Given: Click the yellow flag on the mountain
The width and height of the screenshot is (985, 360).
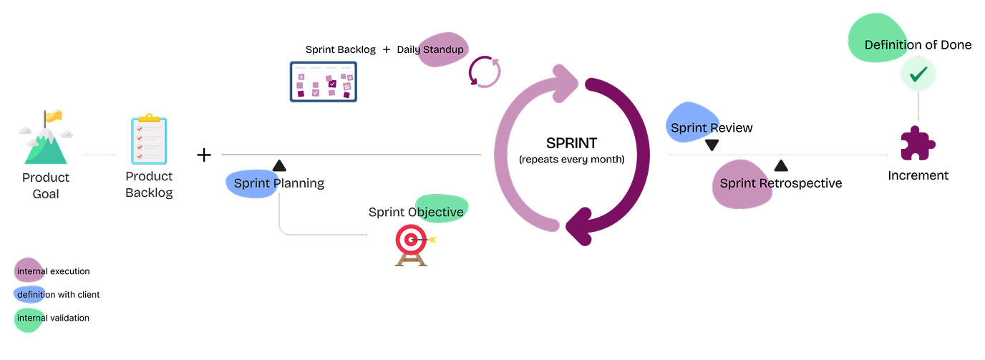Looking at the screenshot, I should click(54, 116).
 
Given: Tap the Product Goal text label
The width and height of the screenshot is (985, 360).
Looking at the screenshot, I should click(46, 185).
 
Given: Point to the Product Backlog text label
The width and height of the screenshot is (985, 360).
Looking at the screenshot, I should click(149, 184).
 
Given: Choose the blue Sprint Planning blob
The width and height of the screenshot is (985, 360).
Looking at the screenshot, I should click(251, 183).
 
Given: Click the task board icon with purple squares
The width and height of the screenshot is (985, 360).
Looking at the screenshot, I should click(324, 82).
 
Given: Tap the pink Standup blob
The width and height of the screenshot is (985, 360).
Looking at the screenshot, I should click(442, 50).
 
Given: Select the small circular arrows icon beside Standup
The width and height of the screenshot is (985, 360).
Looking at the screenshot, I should click(485, 72).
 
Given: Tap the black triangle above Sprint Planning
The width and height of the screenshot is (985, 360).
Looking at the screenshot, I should click(279, 165).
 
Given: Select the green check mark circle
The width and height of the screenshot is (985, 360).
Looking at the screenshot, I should click(918, 74).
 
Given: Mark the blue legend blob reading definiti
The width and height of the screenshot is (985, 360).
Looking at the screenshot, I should click(29, 294).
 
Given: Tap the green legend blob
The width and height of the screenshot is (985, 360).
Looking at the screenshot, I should click(29, 319).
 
